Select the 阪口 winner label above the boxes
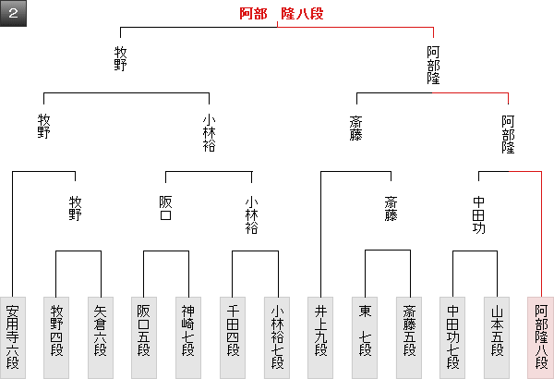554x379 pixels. coord(166,209)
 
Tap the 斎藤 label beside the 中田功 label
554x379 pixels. coord(390,209)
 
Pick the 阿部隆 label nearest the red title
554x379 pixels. coord(434,65)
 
